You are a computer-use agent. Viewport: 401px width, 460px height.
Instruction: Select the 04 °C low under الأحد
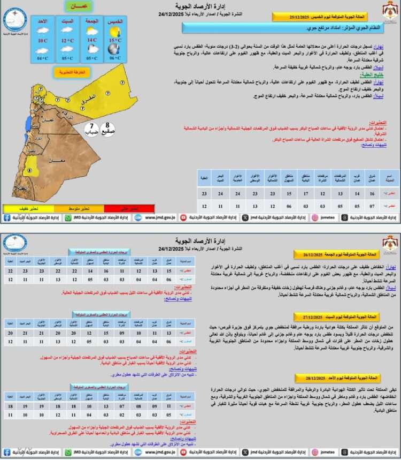(42, 58)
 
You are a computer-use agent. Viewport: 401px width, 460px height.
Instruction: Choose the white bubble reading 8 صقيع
(107, 129)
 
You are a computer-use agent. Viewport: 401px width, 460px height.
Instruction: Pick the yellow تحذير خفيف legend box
(27, 208)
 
